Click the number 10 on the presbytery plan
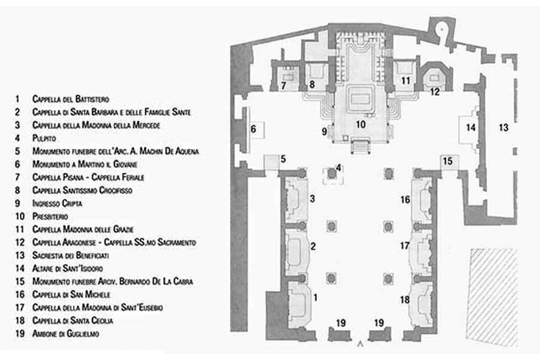[361, 124]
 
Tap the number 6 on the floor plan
[253, 129]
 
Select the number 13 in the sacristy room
[503, 128]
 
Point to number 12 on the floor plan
[435, 92]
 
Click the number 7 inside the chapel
[283, 85]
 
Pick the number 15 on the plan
[448, 161]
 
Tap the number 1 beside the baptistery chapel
[316, 297]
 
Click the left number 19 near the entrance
[341, 323]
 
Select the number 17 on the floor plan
[404, 245]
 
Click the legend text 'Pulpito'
[44, 138]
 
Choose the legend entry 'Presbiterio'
[50, 217]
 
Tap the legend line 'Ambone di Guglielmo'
[65, 334]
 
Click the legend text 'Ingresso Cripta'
[57, 203]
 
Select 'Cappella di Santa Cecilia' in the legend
[73, 320]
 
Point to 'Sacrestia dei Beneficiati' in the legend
[71, 255]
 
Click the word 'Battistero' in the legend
[92, 99]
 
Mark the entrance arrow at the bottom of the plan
[360, 343]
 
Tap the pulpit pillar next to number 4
[331, 173]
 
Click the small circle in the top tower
[442, 29]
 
